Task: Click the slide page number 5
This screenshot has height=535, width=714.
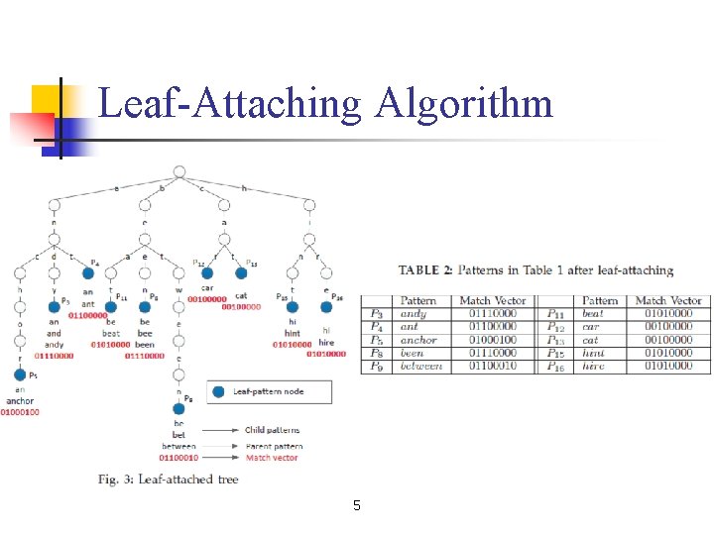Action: coord(357,506)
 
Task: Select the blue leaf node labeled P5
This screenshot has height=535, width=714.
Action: coord(19,374)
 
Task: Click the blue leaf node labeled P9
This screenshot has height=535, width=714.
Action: coord(179,407)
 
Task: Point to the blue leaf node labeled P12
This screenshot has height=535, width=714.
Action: coord(209,272)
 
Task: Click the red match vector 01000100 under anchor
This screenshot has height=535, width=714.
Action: coord(20,412)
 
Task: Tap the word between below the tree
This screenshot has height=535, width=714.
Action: coord(178,446)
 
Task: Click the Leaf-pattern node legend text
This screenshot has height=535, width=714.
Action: coord(268,392)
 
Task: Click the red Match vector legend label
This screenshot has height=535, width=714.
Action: coord(272,458)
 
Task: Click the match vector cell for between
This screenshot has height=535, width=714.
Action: coord(493,366)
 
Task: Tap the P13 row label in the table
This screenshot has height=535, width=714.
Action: coord(557,340)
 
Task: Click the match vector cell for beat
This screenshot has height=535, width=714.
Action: coord(667,314)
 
